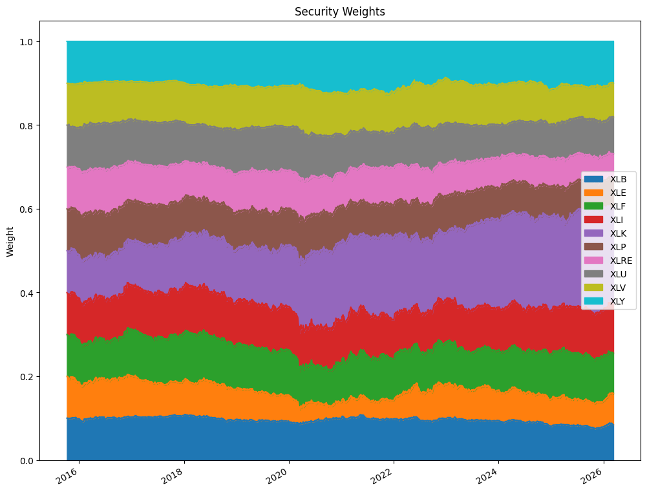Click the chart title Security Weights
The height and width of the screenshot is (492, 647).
pyautogui.click(x=339, y=12)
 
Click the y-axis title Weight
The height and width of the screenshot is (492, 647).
pyautogui.click(x=10, y=241)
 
